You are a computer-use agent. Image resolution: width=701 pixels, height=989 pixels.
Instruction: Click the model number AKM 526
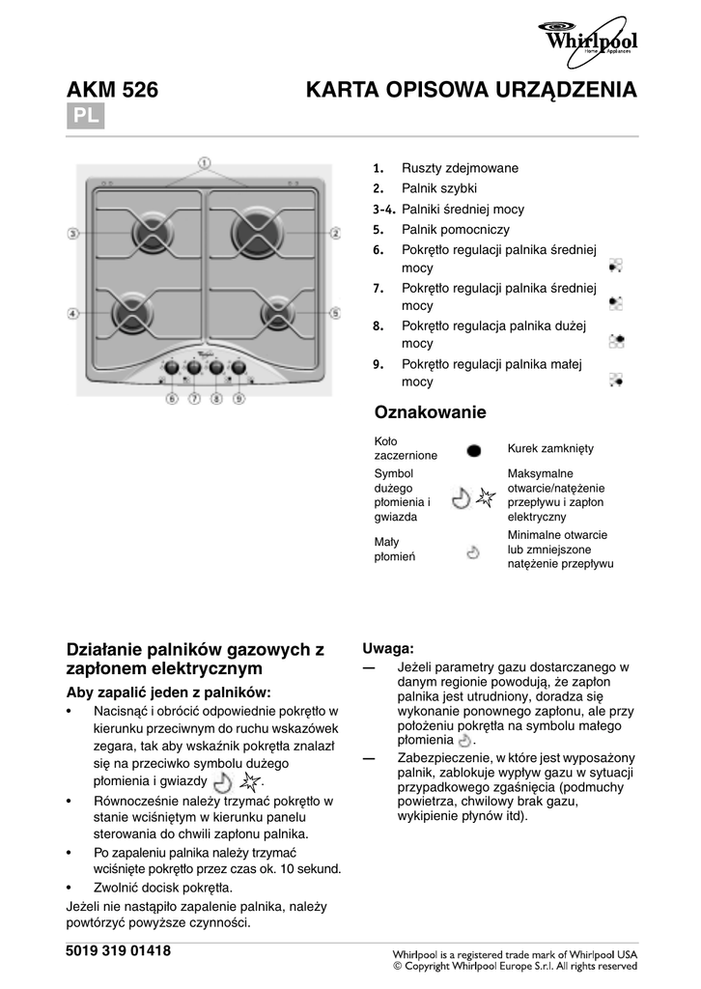click(x=112, y=92)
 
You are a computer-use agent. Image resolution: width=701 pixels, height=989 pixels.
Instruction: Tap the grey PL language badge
click(x=84, y=117)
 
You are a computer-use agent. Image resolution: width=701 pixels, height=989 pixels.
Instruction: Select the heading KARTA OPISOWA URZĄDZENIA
click(x=471, y=92)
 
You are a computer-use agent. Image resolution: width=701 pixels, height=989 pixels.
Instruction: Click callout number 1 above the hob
click(x=205, y=163)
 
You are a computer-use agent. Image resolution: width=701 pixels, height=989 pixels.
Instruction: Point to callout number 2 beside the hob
click(x=335, y=233)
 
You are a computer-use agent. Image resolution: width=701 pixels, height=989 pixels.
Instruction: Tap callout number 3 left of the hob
click(x=72, y=233)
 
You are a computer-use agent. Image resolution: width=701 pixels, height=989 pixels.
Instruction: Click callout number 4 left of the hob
click(x=72, y=313)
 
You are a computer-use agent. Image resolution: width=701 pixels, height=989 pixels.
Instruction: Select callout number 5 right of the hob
click(x=335, y=313)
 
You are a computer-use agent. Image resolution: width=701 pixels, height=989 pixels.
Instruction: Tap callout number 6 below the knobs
click(x=172, y=397)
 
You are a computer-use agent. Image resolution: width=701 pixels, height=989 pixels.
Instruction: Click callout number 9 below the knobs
click(x=238, y=397)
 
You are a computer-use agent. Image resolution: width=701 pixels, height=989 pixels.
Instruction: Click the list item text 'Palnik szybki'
click(x=439, y=188)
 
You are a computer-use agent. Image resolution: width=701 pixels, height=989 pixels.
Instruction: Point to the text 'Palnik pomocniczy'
click(x=455, y=230)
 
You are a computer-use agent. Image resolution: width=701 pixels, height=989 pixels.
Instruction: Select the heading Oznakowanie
click(x=430, y=412)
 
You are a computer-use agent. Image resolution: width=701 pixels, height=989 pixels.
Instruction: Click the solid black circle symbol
click(x=473, y=450)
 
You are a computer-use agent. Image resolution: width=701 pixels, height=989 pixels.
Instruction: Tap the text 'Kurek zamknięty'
click(x=550, y=449)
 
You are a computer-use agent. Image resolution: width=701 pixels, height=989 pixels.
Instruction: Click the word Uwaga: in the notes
click(x=388, y=647)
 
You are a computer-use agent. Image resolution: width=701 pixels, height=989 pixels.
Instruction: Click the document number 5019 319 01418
click(x=118, y=951)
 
